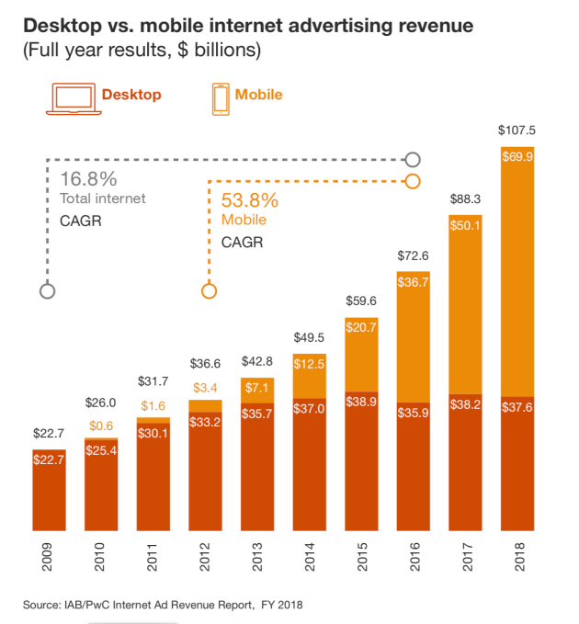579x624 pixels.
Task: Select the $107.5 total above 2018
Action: click(516, 130)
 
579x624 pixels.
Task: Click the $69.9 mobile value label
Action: click(517, 157)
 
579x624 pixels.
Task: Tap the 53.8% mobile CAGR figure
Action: click(250, 199)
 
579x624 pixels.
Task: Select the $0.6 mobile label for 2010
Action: click(101, 425)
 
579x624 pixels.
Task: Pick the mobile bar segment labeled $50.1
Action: click(465, 304)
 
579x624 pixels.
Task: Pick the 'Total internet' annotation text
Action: click(103, 199)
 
